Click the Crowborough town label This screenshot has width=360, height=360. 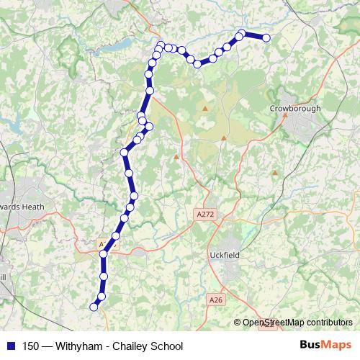(295, 108)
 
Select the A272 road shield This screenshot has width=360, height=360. (205, 214)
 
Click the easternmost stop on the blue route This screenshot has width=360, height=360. (266, 37)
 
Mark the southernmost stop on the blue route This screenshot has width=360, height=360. (93, 307)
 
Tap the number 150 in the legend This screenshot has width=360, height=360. (31, 346)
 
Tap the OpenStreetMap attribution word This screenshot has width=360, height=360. (274, 323)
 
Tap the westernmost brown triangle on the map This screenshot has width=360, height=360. (176, 156)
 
